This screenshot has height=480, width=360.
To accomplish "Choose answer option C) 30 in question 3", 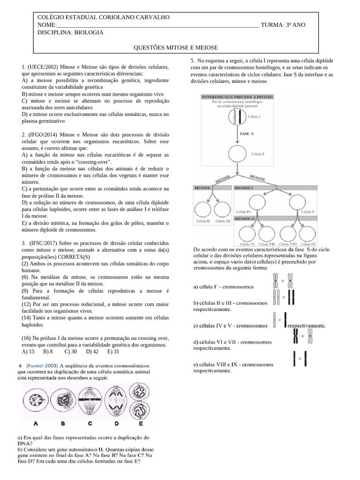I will coord(70,351).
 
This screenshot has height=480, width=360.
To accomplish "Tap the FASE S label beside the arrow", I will coord(247,134).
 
